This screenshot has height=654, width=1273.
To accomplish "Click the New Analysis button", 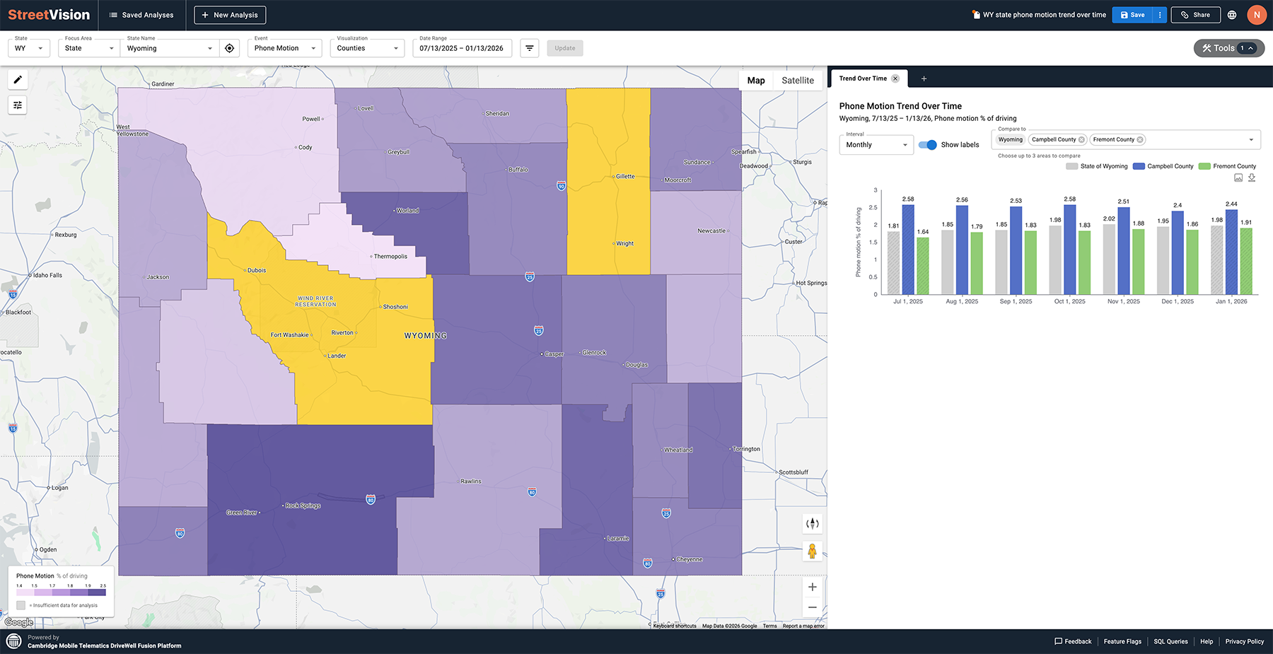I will tap(230, 15).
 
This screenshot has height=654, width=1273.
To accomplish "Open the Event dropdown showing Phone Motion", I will tap(284, 48).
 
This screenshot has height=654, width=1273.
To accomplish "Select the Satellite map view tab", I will tap(797, 81).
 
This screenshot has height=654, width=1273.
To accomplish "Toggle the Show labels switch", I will tap(927, 145).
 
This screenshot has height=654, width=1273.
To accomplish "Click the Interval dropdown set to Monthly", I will tap(876, 145).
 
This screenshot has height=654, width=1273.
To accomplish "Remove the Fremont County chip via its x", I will tap(1140, 140).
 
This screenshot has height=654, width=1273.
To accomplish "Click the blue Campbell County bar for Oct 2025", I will tap(1069, 249).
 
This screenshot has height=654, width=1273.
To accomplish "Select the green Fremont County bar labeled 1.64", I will tap(923, 265).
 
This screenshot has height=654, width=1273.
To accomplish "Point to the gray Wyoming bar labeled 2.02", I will tap(1109, 259).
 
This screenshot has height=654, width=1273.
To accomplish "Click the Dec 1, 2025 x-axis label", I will tap(1177, 301).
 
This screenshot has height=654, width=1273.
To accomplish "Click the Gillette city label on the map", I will tap(625, 176).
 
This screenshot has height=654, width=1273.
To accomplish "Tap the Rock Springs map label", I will tap(303, 506).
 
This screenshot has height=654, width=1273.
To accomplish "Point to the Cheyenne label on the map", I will tap(689, 559).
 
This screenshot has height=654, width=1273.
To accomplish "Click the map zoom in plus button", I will tap(812, 587).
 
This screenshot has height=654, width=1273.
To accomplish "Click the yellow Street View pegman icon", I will tap(812, 551).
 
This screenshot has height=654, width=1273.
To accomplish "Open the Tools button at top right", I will tap(1228, 48).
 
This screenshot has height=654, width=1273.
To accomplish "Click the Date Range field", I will tap(461, 48).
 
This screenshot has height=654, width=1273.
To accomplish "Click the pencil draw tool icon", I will tap(18, 80).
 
